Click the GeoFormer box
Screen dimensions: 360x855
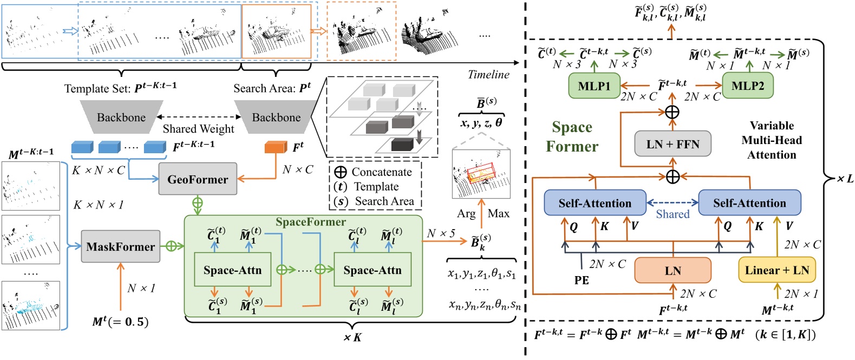(198, 179)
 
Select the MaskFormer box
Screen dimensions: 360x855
(121, 247)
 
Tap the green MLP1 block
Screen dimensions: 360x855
(594, 86)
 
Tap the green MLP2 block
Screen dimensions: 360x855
(747, 86)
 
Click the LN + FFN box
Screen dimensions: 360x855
(673, 145)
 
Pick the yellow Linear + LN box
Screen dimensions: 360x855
(776, 270)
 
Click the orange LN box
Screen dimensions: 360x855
(673, 271)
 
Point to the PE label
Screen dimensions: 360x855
(582, 280)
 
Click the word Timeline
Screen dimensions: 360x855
(488, 75)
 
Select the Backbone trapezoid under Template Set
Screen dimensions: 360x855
(121, 117)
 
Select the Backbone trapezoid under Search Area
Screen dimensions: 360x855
(276, 117)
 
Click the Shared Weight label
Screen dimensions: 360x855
(199, 129)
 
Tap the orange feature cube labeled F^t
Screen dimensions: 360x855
(276, 147)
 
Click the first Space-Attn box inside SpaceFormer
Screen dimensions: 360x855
(232, 270)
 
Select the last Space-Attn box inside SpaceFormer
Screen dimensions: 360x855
(373, 270)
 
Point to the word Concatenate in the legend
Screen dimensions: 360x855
(381, 172)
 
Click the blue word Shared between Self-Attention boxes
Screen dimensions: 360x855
(673, 214)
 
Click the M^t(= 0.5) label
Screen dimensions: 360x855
(120, 322)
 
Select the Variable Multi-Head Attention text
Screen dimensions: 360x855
(772, 140)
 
